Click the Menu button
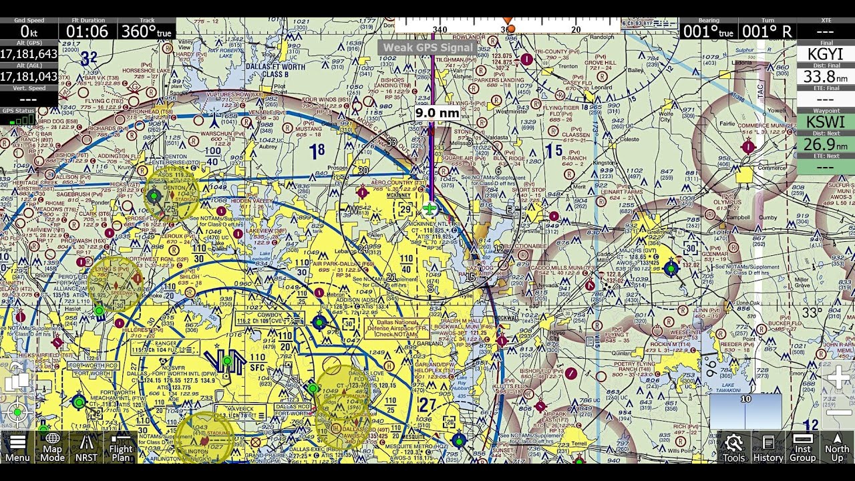17,448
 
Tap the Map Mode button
52,448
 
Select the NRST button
86,448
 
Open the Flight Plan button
121,448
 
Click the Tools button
733,448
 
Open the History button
768,448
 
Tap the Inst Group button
802,448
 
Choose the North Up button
837,448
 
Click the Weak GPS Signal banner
428,48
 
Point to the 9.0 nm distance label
438,113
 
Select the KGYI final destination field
826,54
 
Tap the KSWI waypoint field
826,122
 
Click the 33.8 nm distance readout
826,77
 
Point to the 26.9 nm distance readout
826,145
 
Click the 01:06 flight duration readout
88,31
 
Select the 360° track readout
146,31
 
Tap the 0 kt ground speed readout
29,31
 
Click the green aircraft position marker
430,208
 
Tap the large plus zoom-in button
838,378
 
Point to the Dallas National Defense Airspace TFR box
397,328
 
